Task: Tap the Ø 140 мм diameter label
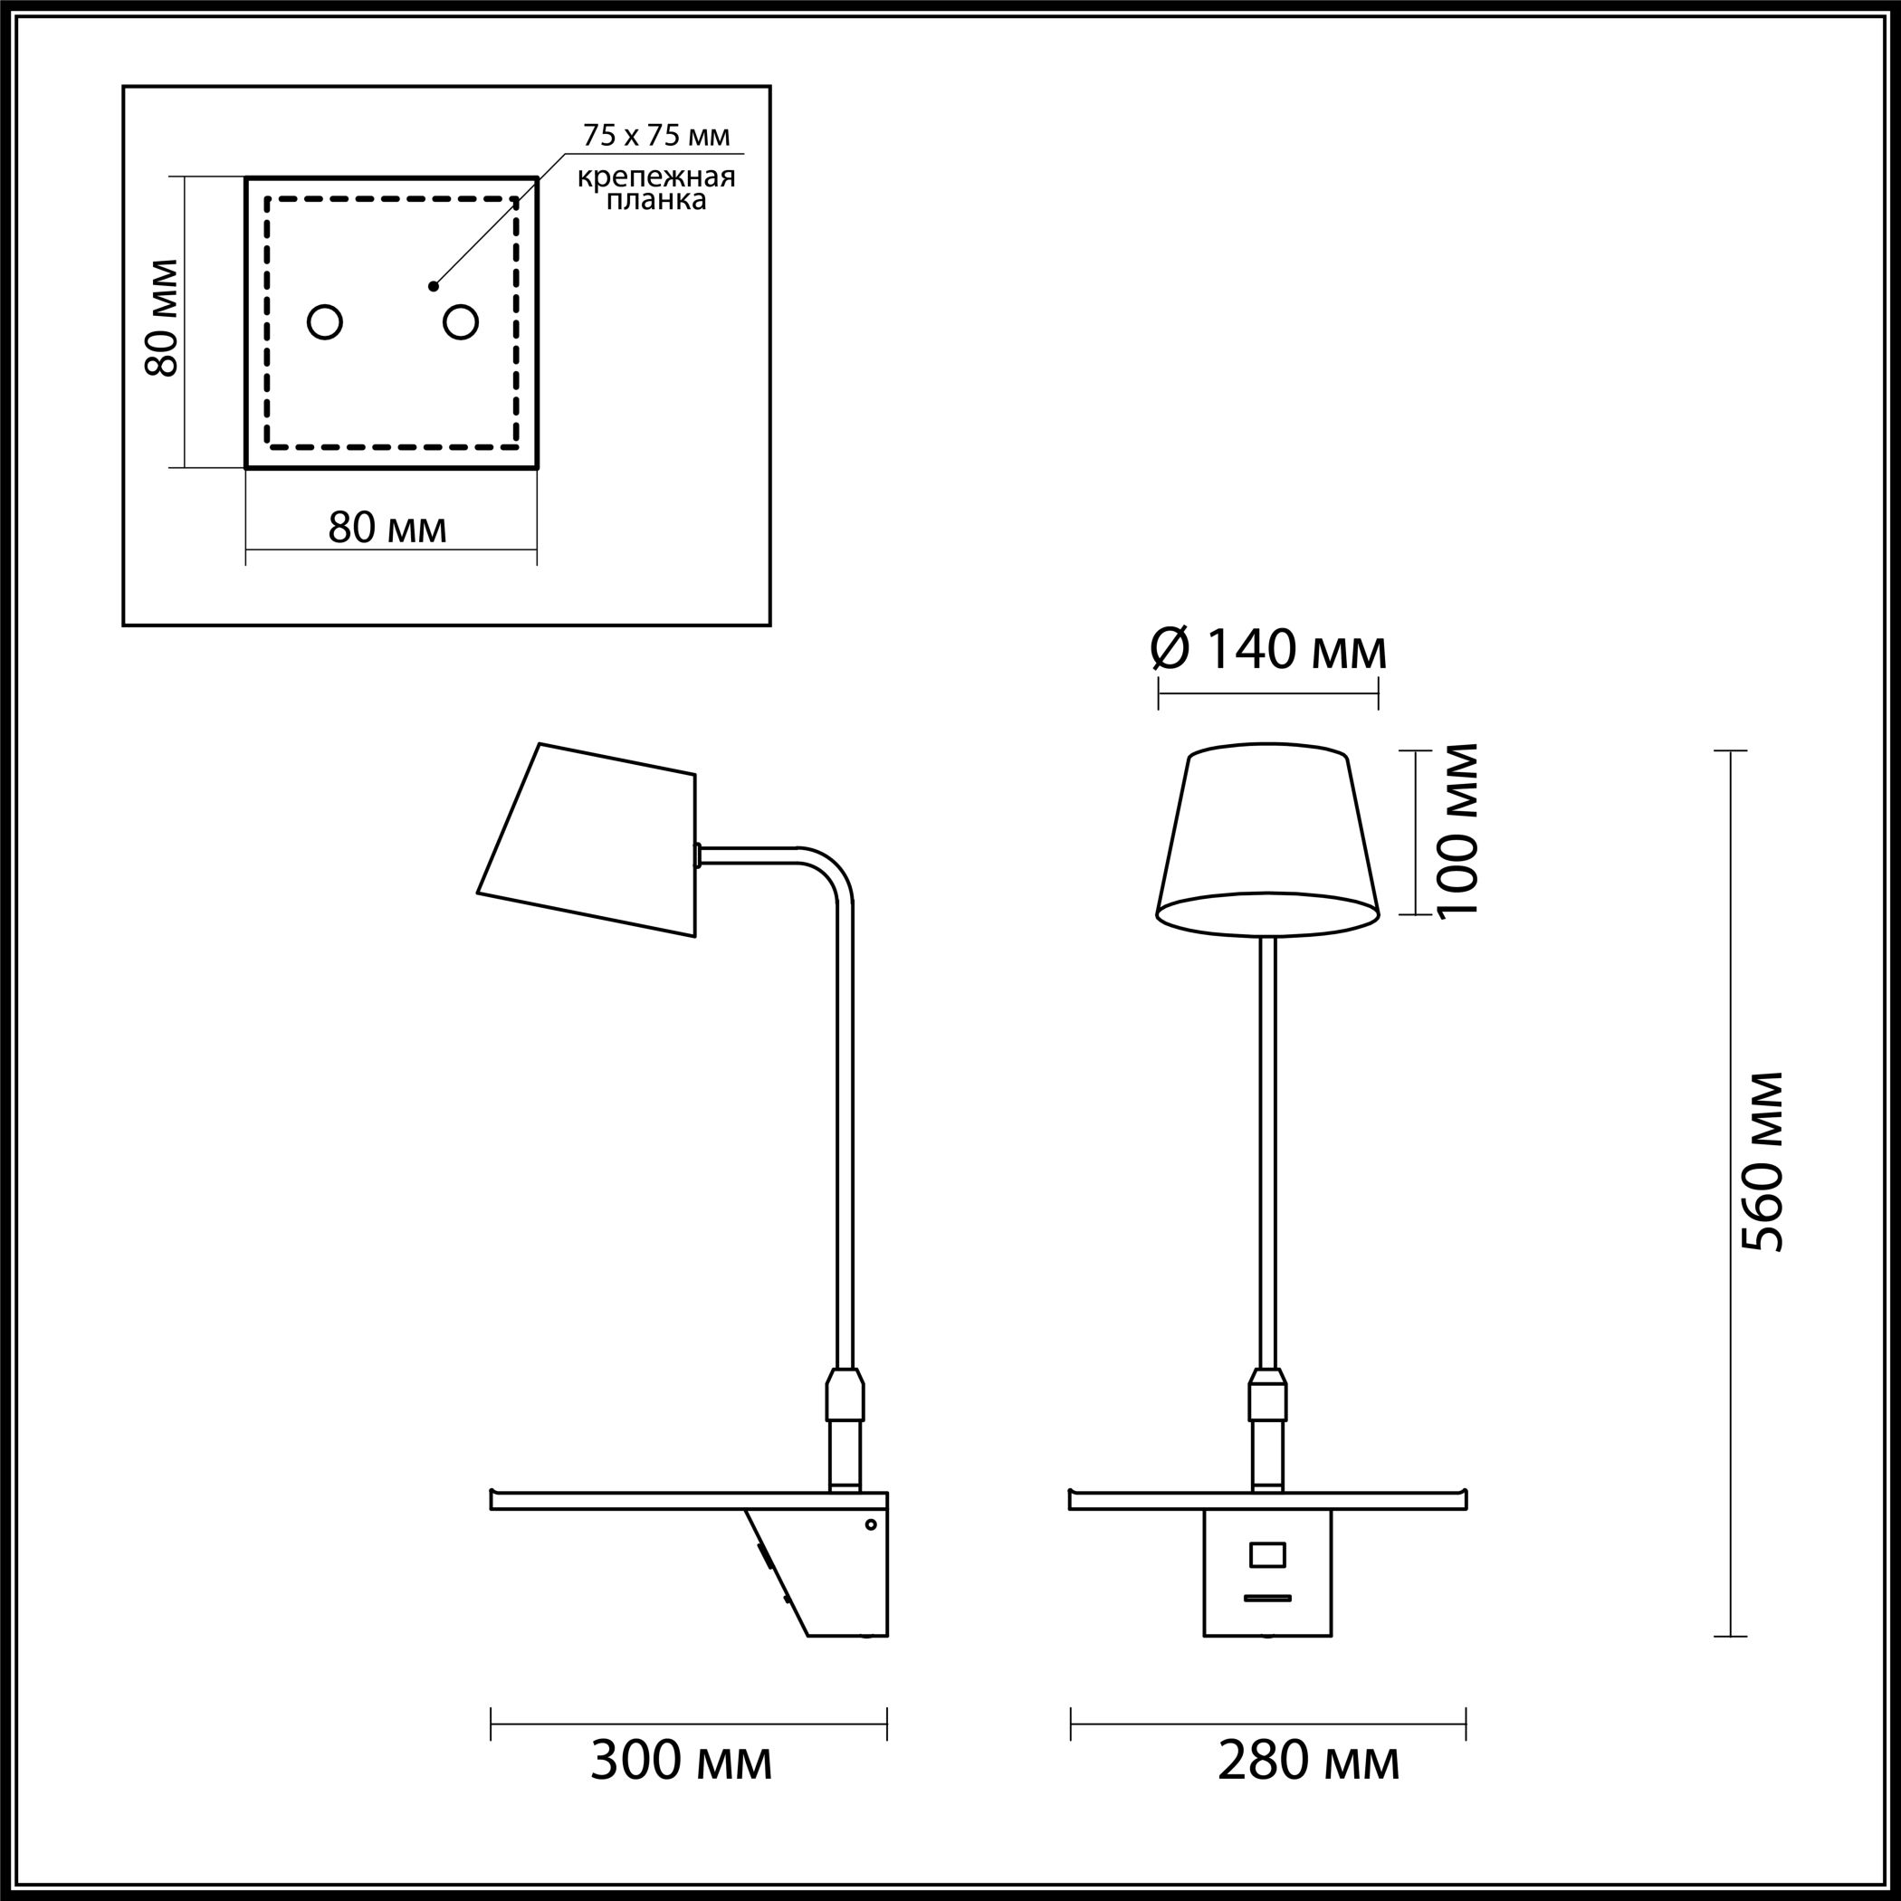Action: (1269, 650)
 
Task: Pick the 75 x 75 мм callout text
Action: (656, 136)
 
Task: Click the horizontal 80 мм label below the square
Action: (387, 529)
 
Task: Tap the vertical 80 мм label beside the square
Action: (161, 318)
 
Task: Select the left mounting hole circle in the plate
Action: (325, 321)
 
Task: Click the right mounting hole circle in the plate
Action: (461, 321)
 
